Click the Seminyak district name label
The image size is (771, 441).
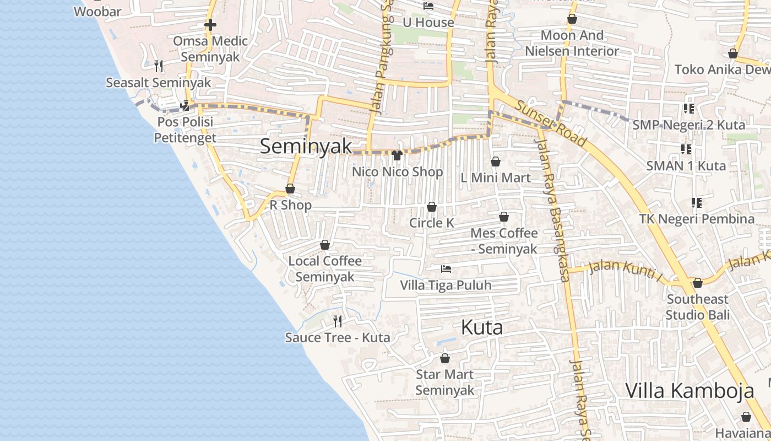click(x=306, y=147)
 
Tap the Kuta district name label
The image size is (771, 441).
click(x=482, y=327)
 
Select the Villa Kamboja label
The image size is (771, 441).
click(x=689, y=391)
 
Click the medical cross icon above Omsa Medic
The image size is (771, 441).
click(x=210, y=25)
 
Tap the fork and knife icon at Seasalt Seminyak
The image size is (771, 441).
click(x=159, y=66)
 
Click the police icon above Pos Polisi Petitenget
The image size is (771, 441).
click(x=185, y=105)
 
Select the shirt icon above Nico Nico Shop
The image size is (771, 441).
click(x=397, y=155)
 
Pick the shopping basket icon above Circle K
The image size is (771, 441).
click(x=432, y=207)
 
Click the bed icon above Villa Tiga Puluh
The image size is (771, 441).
click(x=446, y=269)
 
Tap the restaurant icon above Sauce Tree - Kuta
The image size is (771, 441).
click(x=338, y=321)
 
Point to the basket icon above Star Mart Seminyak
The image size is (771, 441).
click(x=445, y=358)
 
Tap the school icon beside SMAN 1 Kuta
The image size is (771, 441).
click(x=686, y=149)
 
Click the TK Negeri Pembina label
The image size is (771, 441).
click(x=697, y=219)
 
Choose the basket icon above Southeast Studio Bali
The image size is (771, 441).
click(x=698, y=283)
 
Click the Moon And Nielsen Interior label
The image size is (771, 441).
click(x=572, y=43)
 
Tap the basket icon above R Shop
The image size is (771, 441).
click(x=290, y=189)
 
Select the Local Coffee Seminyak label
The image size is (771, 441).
click(x=325, y=268)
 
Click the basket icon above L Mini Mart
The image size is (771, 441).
click(x=496, y=162)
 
